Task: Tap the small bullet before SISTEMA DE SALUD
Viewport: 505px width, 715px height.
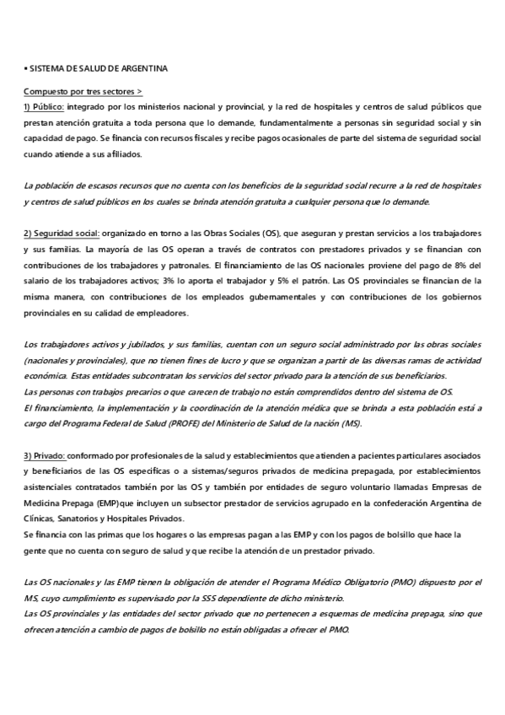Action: tap(25, 67)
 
